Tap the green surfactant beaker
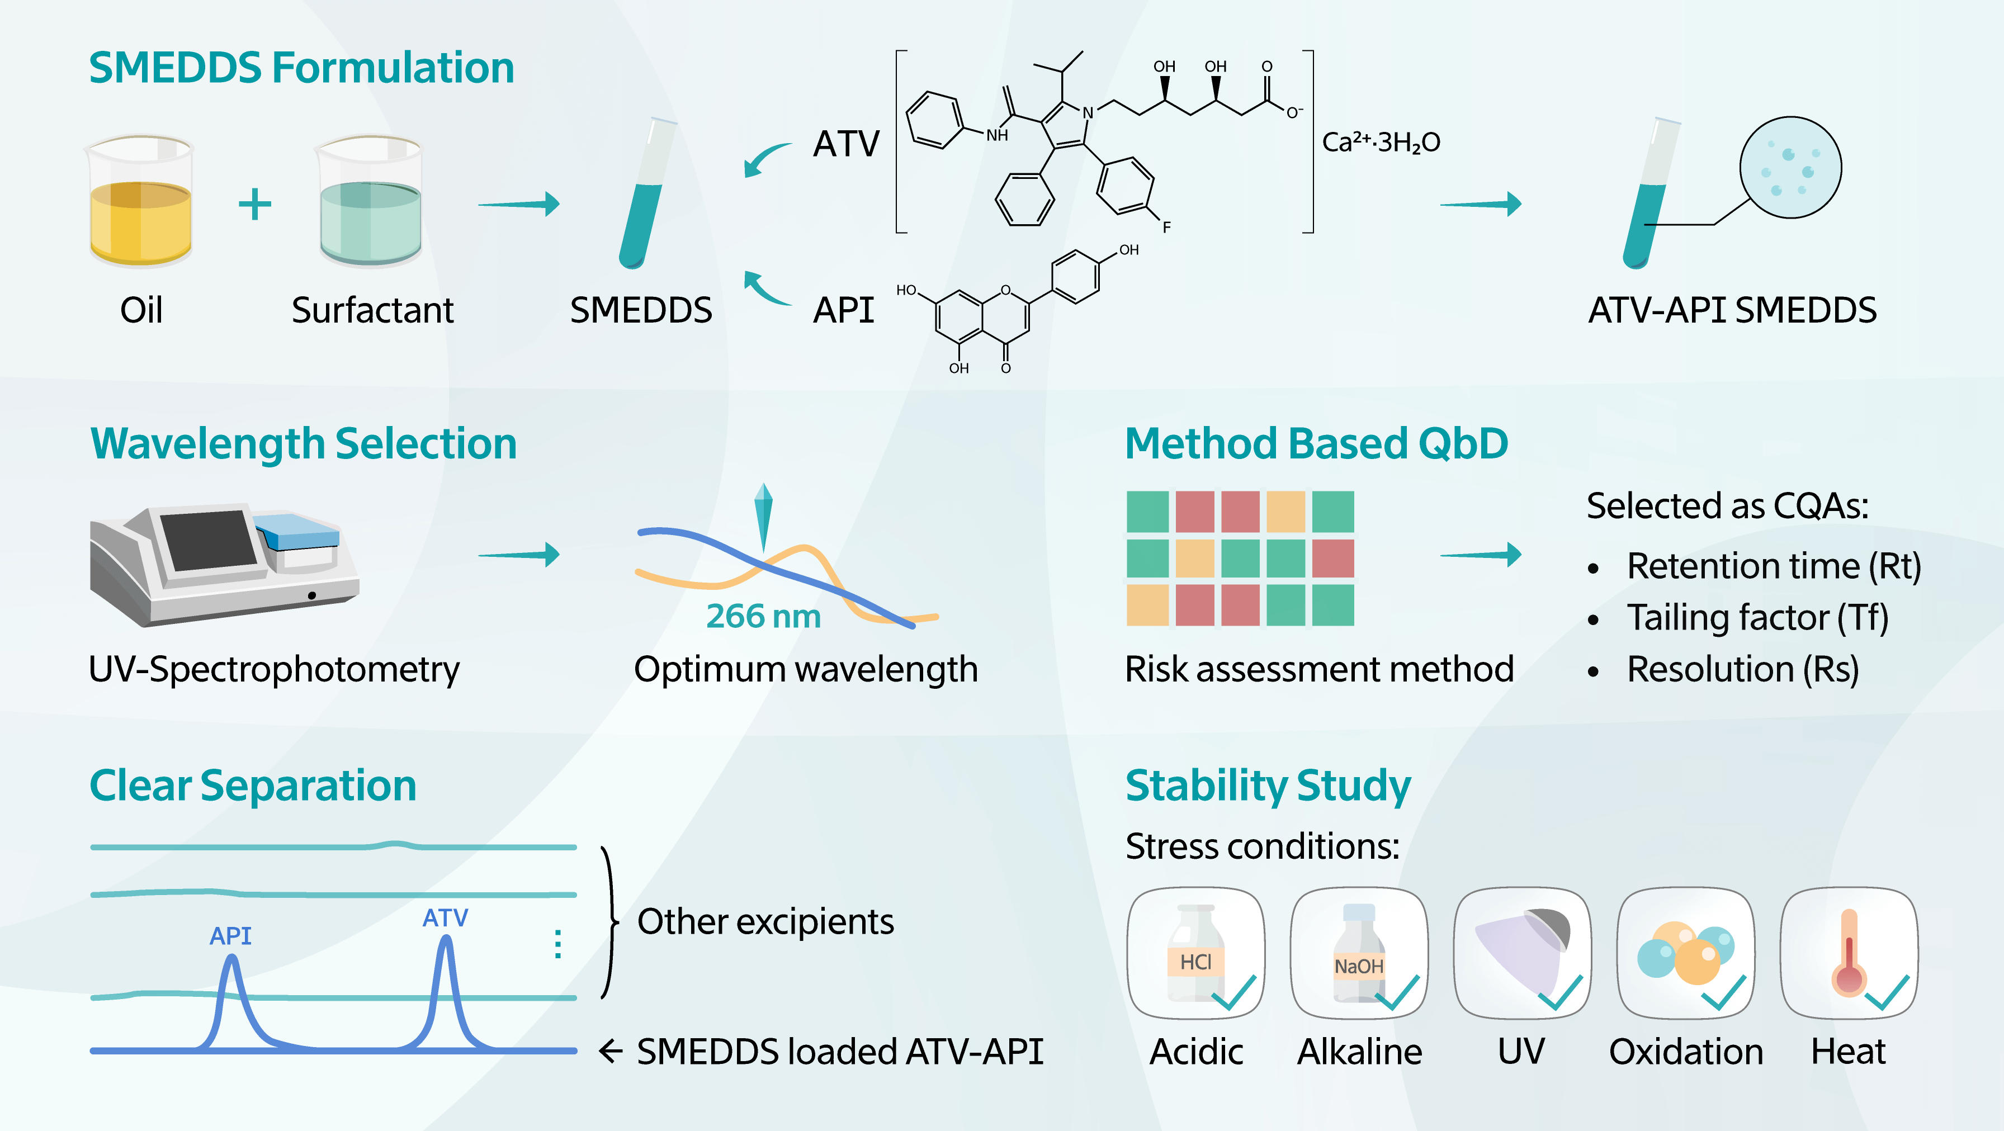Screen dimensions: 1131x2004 coord(370,204)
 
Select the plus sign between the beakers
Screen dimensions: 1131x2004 coord(254,205)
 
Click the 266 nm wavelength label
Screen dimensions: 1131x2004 coord(763,616)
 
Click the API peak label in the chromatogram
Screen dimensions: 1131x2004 coord(230,936)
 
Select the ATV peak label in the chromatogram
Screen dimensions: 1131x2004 coord(445,918)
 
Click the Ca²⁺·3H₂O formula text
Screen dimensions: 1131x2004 coord(1381,143)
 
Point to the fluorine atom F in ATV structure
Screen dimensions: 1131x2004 coord(1166,227)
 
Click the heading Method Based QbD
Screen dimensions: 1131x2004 coord(1316,443)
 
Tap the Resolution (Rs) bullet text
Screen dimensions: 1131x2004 coord(1743,670)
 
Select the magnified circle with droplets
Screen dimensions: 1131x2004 coord(1790,167)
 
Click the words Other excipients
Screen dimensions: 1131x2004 coord(765,922)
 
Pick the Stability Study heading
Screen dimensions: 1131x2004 coord(1268,785)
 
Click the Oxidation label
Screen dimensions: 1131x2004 coord(1686,1052)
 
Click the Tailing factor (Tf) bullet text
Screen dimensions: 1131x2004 coord(1757,618)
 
